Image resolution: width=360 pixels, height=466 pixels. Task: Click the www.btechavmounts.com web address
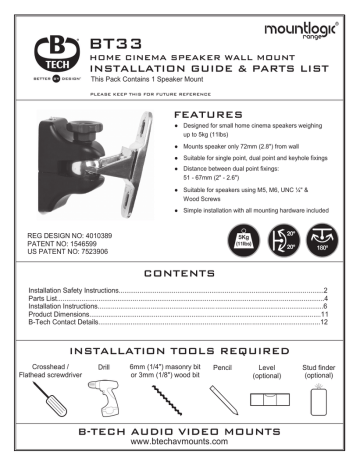(x=179, y=449)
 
